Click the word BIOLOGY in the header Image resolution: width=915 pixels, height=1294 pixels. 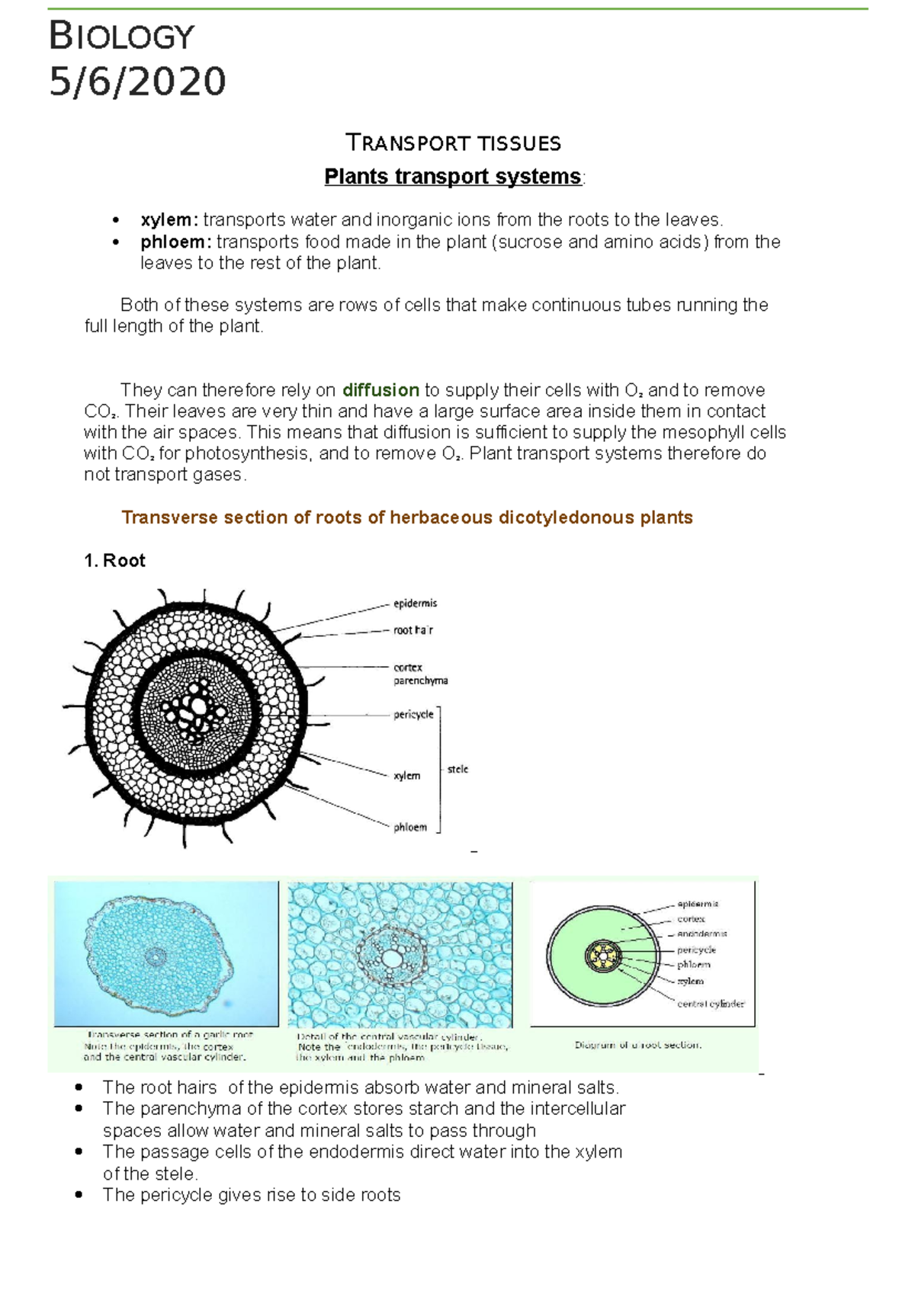click(122, 36)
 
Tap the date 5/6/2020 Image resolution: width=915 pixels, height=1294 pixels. click(137, 82)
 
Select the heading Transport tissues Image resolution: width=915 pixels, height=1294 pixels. click(453, 143)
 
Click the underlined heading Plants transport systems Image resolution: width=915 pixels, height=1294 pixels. click(452, 176)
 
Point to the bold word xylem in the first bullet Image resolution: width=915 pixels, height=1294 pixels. click(168, 220)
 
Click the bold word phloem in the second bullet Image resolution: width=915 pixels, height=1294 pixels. click(175, 242)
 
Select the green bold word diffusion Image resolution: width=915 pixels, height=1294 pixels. click(380, 390)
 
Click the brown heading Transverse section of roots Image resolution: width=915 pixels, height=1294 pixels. click(406, 517)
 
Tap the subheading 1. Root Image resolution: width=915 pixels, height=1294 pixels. click(114, 561)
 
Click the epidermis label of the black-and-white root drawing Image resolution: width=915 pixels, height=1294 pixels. click(415, 604)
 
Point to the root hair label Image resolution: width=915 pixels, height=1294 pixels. click(413, 630)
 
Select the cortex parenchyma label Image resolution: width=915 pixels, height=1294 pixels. click(419, 674)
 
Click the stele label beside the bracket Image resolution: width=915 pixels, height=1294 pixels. click(457, 770)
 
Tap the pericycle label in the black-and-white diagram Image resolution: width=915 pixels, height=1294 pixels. click(413, 715)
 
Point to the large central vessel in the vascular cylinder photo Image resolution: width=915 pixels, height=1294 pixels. click(393, 958)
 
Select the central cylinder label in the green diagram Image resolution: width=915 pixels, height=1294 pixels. click(710, 1004)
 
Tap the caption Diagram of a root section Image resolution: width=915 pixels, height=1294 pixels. click(637, 1045)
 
